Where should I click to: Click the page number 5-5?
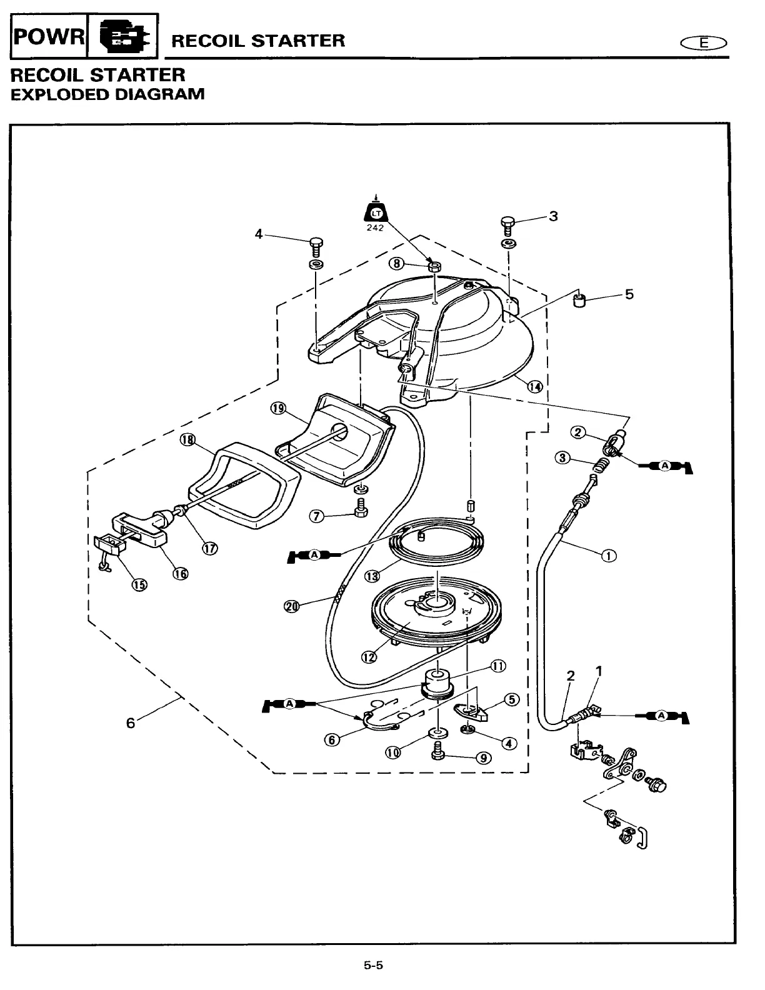373,965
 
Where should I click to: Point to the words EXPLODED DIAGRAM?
107,94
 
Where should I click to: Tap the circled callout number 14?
535,386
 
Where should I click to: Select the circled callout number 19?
277,409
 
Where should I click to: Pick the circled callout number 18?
187,440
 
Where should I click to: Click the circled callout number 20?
291,606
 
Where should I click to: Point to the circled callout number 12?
369,656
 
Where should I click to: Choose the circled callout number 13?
372,575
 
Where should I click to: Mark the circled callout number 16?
180,573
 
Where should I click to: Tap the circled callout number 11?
498,666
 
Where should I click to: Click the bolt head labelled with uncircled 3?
508,222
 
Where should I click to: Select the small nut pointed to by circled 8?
433,267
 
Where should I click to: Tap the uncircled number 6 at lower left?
131,722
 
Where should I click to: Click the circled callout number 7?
317,516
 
